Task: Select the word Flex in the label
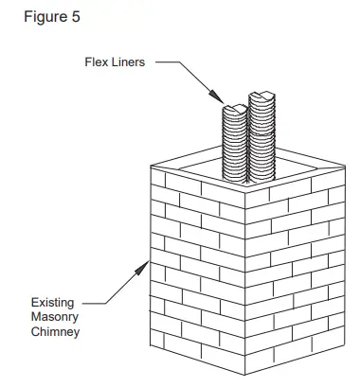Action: [x=96, y=64]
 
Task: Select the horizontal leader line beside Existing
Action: [x=94, y=302]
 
